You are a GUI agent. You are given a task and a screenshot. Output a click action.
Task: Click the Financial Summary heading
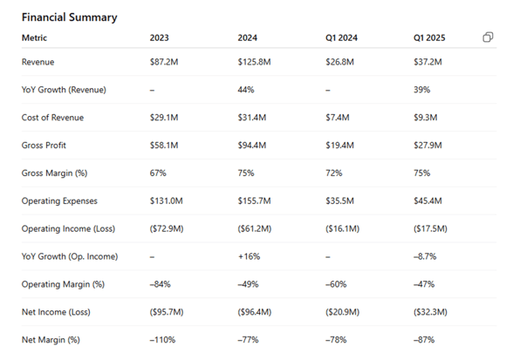[x=70, y=17]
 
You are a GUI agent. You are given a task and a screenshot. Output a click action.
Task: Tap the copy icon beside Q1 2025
[x=488, y=37]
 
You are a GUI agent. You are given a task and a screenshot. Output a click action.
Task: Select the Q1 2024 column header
[x=341, y=38]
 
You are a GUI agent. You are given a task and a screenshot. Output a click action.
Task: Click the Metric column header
[x=34, y=38]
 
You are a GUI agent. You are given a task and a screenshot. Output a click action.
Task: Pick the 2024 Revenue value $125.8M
[x=254, y=62]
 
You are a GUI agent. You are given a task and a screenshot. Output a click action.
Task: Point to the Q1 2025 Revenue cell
[x=427, y=62]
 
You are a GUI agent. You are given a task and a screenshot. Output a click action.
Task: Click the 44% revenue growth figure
[x=246, y=90]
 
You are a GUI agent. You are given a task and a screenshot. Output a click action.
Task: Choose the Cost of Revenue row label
[x=52, y=118]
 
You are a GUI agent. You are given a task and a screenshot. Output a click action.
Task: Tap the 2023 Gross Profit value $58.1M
[x=164, y=146]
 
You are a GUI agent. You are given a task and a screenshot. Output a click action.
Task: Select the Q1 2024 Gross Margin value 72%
[x=333, y=173]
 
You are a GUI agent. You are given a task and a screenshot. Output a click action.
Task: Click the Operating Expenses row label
[x=59, y=201]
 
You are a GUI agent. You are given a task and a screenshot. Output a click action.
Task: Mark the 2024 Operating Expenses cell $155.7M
[x=254, y=201]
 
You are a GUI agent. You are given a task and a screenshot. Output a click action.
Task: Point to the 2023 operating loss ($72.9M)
[x=167, y=229]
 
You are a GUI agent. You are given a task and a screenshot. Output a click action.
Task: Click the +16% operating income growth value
[x=249, y=256]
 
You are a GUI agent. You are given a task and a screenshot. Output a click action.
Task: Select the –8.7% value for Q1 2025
[x=425, y=256]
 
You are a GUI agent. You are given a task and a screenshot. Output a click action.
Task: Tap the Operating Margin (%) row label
[x=63, y=284]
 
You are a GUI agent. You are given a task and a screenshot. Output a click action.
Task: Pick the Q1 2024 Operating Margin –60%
[x=336, y=284]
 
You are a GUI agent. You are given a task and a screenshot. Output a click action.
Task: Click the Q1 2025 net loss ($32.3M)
[x=430, y=312]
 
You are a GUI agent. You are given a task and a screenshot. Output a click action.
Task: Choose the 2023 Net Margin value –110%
[x=162, y=340]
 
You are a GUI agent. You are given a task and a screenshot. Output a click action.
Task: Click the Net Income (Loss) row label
[x=56, y=312]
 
